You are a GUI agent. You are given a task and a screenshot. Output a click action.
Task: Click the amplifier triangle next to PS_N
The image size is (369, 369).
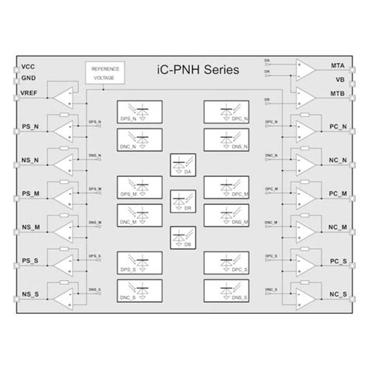(x=66, y=126)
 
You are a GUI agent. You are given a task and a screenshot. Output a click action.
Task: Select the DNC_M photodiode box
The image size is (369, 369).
(x=139, y=216)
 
